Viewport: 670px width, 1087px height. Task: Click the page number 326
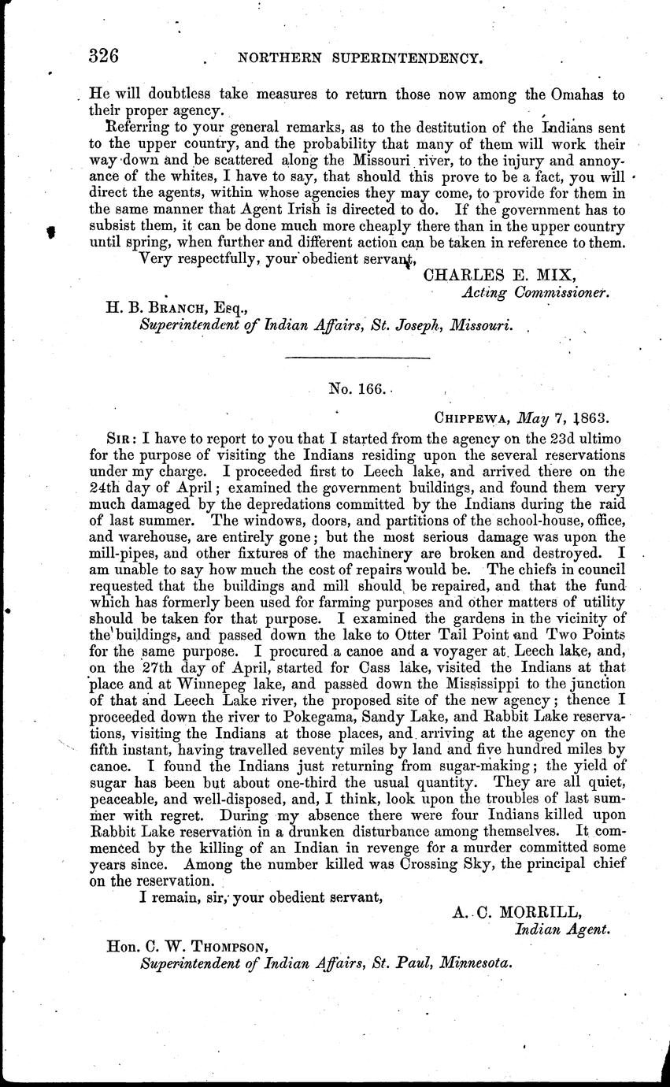(104, 56)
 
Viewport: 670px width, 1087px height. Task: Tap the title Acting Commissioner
(535, 292)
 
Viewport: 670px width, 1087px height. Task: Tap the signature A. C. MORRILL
(517, 912)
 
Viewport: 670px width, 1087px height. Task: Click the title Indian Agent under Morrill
(562, 929)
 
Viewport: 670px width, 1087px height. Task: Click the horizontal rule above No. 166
(357, 358)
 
